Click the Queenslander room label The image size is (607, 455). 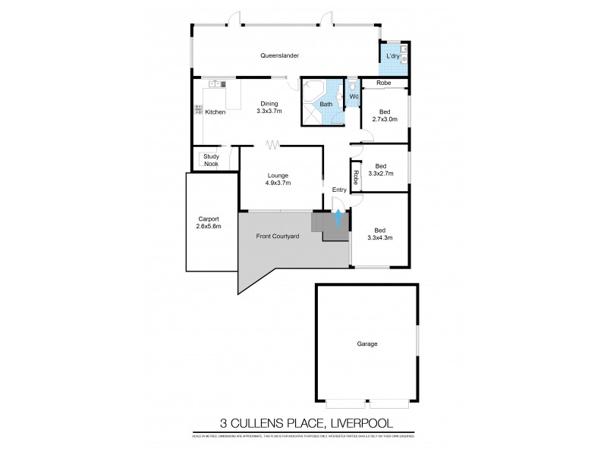point(280,56)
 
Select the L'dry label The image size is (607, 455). point(393,58)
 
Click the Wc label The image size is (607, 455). point(353,96)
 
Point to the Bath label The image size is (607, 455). point(326,104)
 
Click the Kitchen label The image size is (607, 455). point(215,112)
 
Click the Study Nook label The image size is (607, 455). point(210,160)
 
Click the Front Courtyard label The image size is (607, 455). point(277,237)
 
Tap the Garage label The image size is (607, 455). point(367,344)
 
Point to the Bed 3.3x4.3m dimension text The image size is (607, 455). point(381,237)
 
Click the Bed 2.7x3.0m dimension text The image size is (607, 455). point(385,118)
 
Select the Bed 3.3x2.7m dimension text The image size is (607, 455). point(380,173)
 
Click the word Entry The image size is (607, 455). point(338,190)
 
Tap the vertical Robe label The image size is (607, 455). point(355,175)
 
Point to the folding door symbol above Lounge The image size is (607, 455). point(272,143)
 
